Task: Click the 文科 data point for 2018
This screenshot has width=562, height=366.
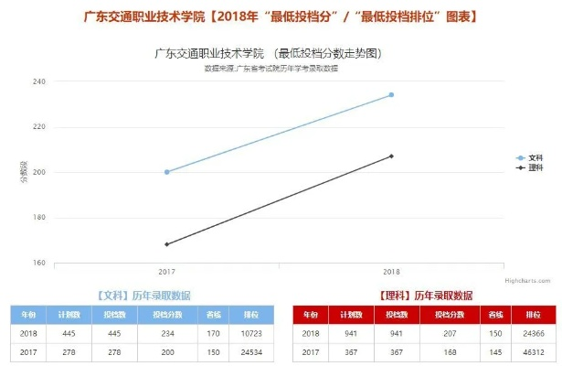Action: point(391,94)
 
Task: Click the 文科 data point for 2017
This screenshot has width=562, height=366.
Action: point(166,172)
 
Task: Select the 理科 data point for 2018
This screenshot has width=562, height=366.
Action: point(391,156)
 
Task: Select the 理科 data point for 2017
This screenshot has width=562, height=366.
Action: point(166,244)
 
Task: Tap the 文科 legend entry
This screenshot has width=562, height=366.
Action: point(530,158)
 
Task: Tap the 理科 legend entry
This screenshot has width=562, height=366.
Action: point(530,167)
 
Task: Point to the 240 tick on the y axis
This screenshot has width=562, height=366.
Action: point(40,81)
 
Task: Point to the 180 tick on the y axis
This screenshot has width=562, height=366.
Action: point(40,217)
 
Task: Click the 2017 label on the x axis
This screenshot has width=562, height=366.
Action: point(166,273)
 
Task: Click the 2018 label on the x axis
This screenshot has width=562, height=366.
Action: point(391,273)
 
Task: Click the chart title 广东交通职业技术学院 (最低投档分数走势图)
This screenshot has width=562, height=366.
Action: point(268,55)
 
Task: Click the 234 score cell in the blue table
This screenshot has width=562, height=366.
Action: point(167,334)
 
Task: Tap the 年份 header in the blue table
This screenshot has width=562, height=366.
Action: point(28,315)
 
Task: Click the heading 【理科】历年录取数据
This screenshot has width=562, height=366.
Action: point(425,296)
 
